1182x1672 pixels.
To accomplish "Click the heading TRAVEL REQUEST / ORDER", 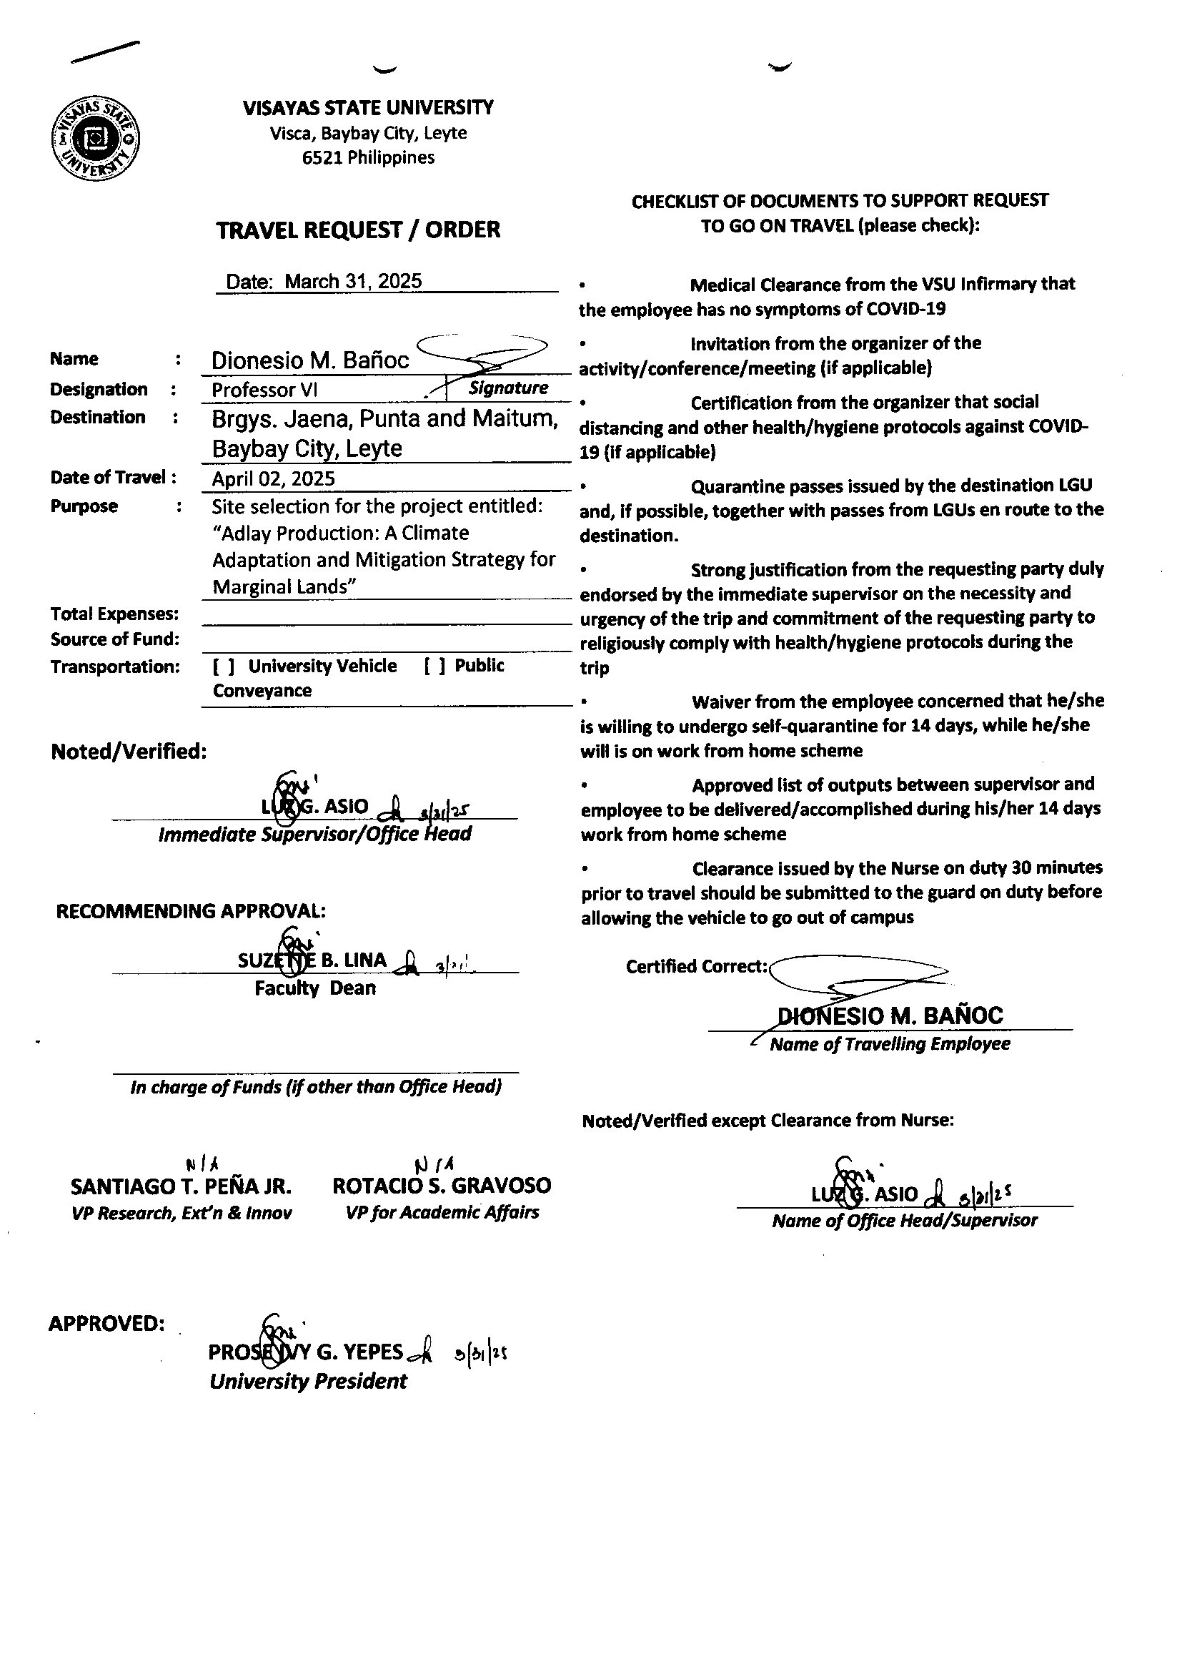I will [x=358, y=230].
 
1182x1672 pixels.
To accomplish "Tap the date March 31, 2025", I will [x=353, y=281].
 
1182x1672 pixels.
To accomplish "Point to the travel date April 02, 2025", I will [x=274, y=478].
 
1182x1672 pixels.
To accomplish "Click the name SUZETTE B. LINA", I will [x=312, y=960].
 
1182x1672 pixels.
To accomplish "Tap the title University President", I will [x=308, y=1382].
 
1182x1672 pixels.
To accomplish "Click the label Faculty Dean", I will [x=315, y=988].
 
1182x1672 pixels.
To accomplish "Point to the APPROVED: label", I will [x=106, y=1323].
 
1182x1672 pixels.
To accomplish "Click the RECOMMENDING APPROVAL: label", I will [x=191, y=911].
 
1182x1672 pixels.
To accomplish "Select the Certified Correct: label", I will [x=697, y=966].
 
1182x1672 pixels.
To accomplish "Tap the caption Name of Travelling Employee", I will [x=890, y=1044].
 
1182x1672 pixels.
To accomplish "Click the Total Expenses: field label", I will [x=114, y=614].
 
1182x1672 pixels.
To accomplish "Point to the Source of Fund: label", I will [x=114, y=639].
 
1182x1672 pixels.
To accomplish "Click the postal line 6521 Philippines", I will [x=368, y=157].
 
